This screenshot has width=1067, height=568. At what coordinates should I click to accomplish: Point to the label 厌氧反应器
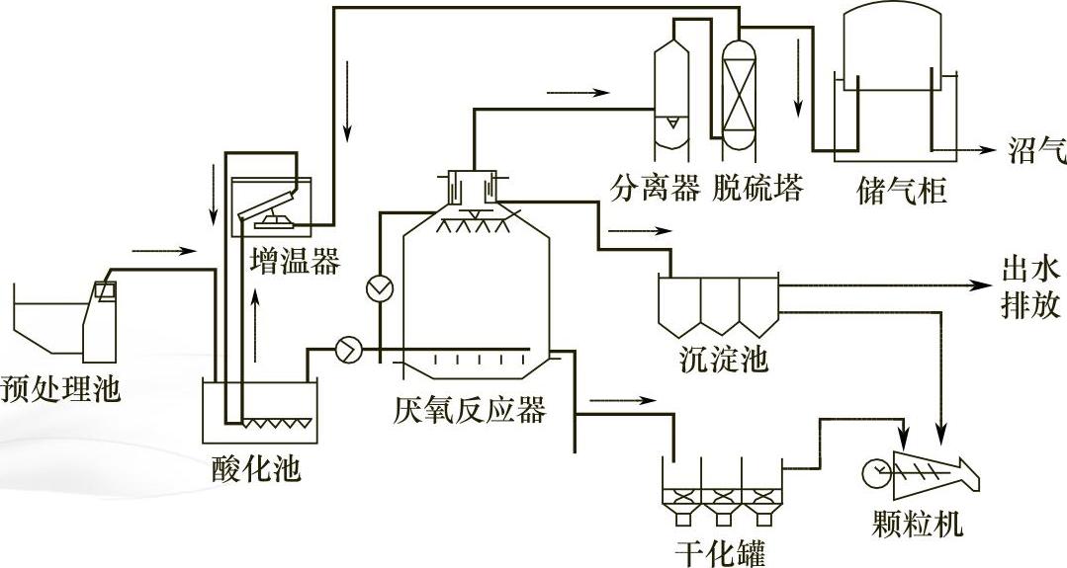tap(469, 409)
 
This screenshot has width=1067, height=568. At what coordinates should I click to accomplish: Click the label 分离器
tap(655, 186)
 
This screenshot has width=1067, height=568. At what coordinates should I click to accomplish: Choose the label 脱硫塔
tap(758, 186)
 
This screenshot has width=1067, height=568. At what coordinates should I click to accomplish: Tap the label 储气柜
tap(901, 190)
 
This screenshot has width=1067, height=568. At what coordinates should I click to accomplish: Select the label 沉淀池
tap(724, 359)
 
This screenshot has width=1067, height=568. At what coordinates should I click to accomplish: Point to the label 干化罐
tap(720, 551)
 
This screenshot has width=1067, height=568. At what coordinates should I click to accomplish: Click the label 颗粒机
tap(919, 523)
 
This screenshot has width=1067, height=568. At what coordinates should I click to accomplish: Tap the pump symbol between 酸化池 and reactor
tap(348, 350)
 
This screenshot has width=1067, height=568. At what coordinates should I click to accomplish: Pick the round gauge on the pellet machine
tap(875, 473)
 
